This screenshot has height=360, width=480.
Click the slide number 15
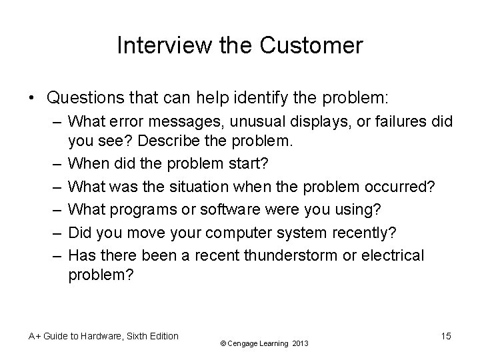pyautogui.click(x=445, y=336)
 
